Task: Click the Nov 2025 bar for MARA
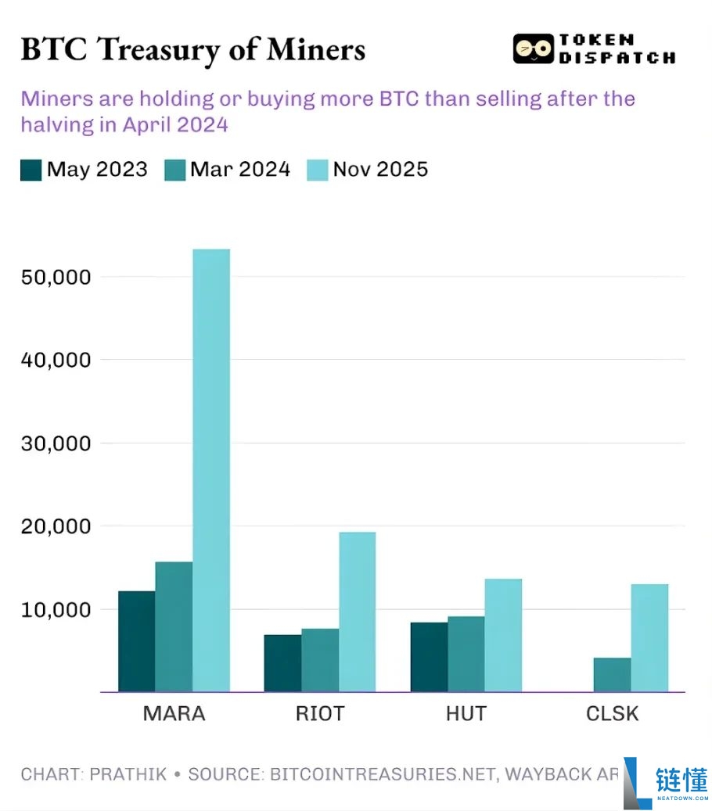click(x=211, y=470)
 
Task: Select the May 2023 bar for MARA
click(x=136, y=641)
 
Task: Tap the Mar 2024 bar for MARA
click(x=174, y=626)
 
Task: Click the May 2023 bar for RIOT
click(x=282, y=663)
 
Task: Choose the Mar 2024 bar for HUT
click(x=466, y=654)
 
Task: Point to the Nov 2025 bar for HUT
click(x=503, y=635)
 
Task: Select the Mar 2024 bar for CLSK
click(x=612, y=675)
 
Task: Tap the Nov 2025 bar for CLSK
click(x=649, y=637)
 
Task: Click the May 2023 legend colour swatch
click(x=31, y=170)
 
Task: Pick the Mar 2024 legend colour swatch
click(x=174, y=170)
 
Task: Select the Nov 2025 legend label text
click(x=380, y=170)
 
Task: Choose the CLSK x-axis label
click(x=613, y=713)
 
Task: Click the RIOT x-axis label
click(x=320, y=713)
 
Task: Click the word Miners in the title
click(x=316, y=49)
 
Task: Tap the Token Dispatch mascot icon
click(x=532, y=49)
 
